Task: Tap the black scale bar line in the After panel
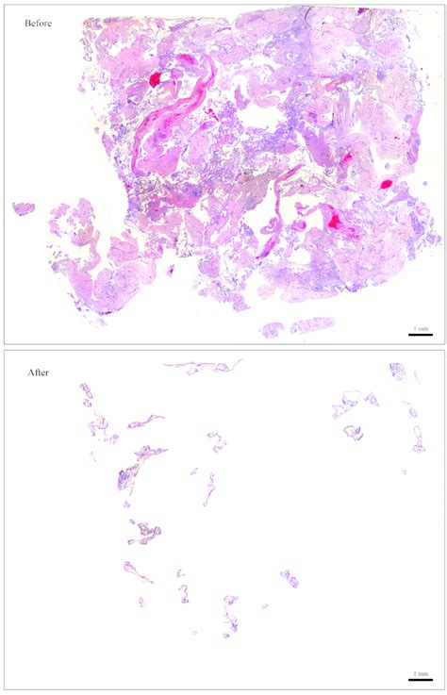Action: [x=420, y=679]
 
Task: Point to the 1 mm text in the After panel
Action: [x=420, y=672]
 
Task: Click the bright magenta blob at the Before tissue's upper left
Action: [x=154, y=80]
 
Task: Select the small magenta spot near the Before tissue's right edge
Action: [x=385, y=183]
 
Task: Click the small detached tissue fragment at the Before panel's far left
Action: [x=23, y=207]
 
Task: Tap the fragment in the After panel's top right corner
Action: [x=397, y=372]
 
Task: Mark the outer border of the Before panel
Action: [x=4, y=170]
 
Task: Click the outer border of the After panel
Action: [x=4, y=519]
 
